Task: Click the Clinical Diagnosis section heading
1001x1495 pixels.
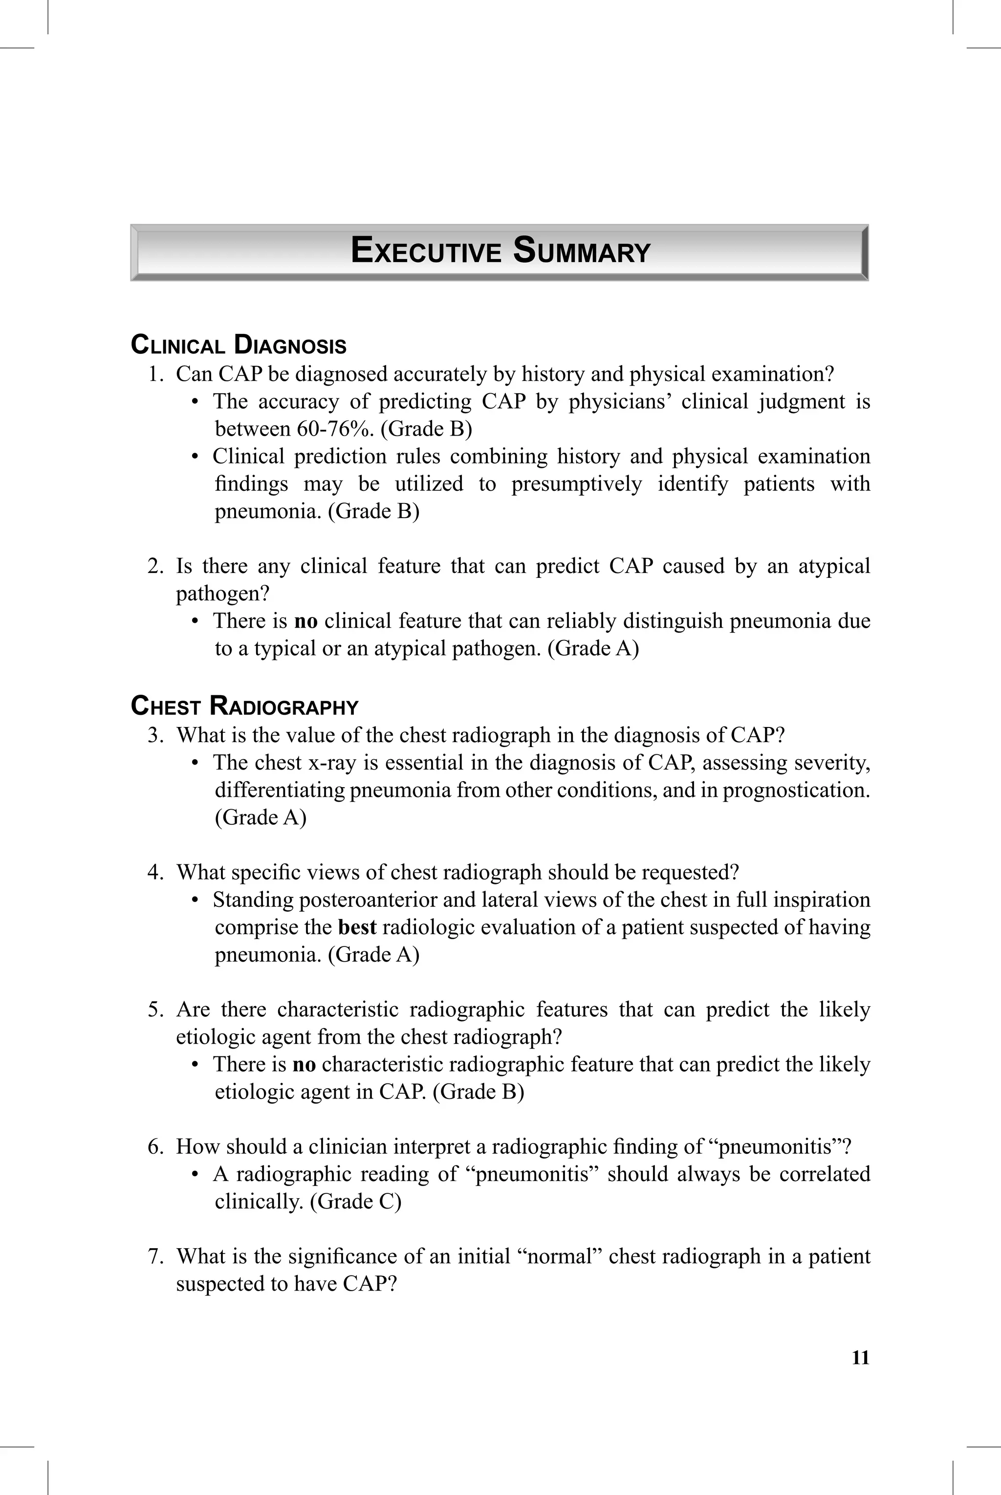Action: coord(238,345)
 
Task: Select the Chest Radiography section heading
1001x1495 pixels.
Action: coord(244,706)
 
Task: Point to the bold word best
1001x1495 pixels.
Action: coord(357,927)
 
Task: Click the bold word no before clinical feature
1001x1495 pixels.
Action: coord(305,621)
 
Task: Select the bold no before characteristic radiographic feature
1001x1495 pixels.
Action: coord(304,1064)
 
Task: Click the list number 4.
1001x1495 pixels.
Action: coord(155,872)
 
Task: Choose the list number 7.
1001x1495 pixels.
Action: coord(155,1256)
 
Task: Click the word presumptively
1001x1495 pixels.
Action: coord(576,484)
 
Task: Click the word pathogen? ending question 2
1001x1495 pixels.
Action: coord(223,594)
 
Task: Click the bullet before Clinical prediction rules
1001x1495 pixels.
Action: coord(196,457)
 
